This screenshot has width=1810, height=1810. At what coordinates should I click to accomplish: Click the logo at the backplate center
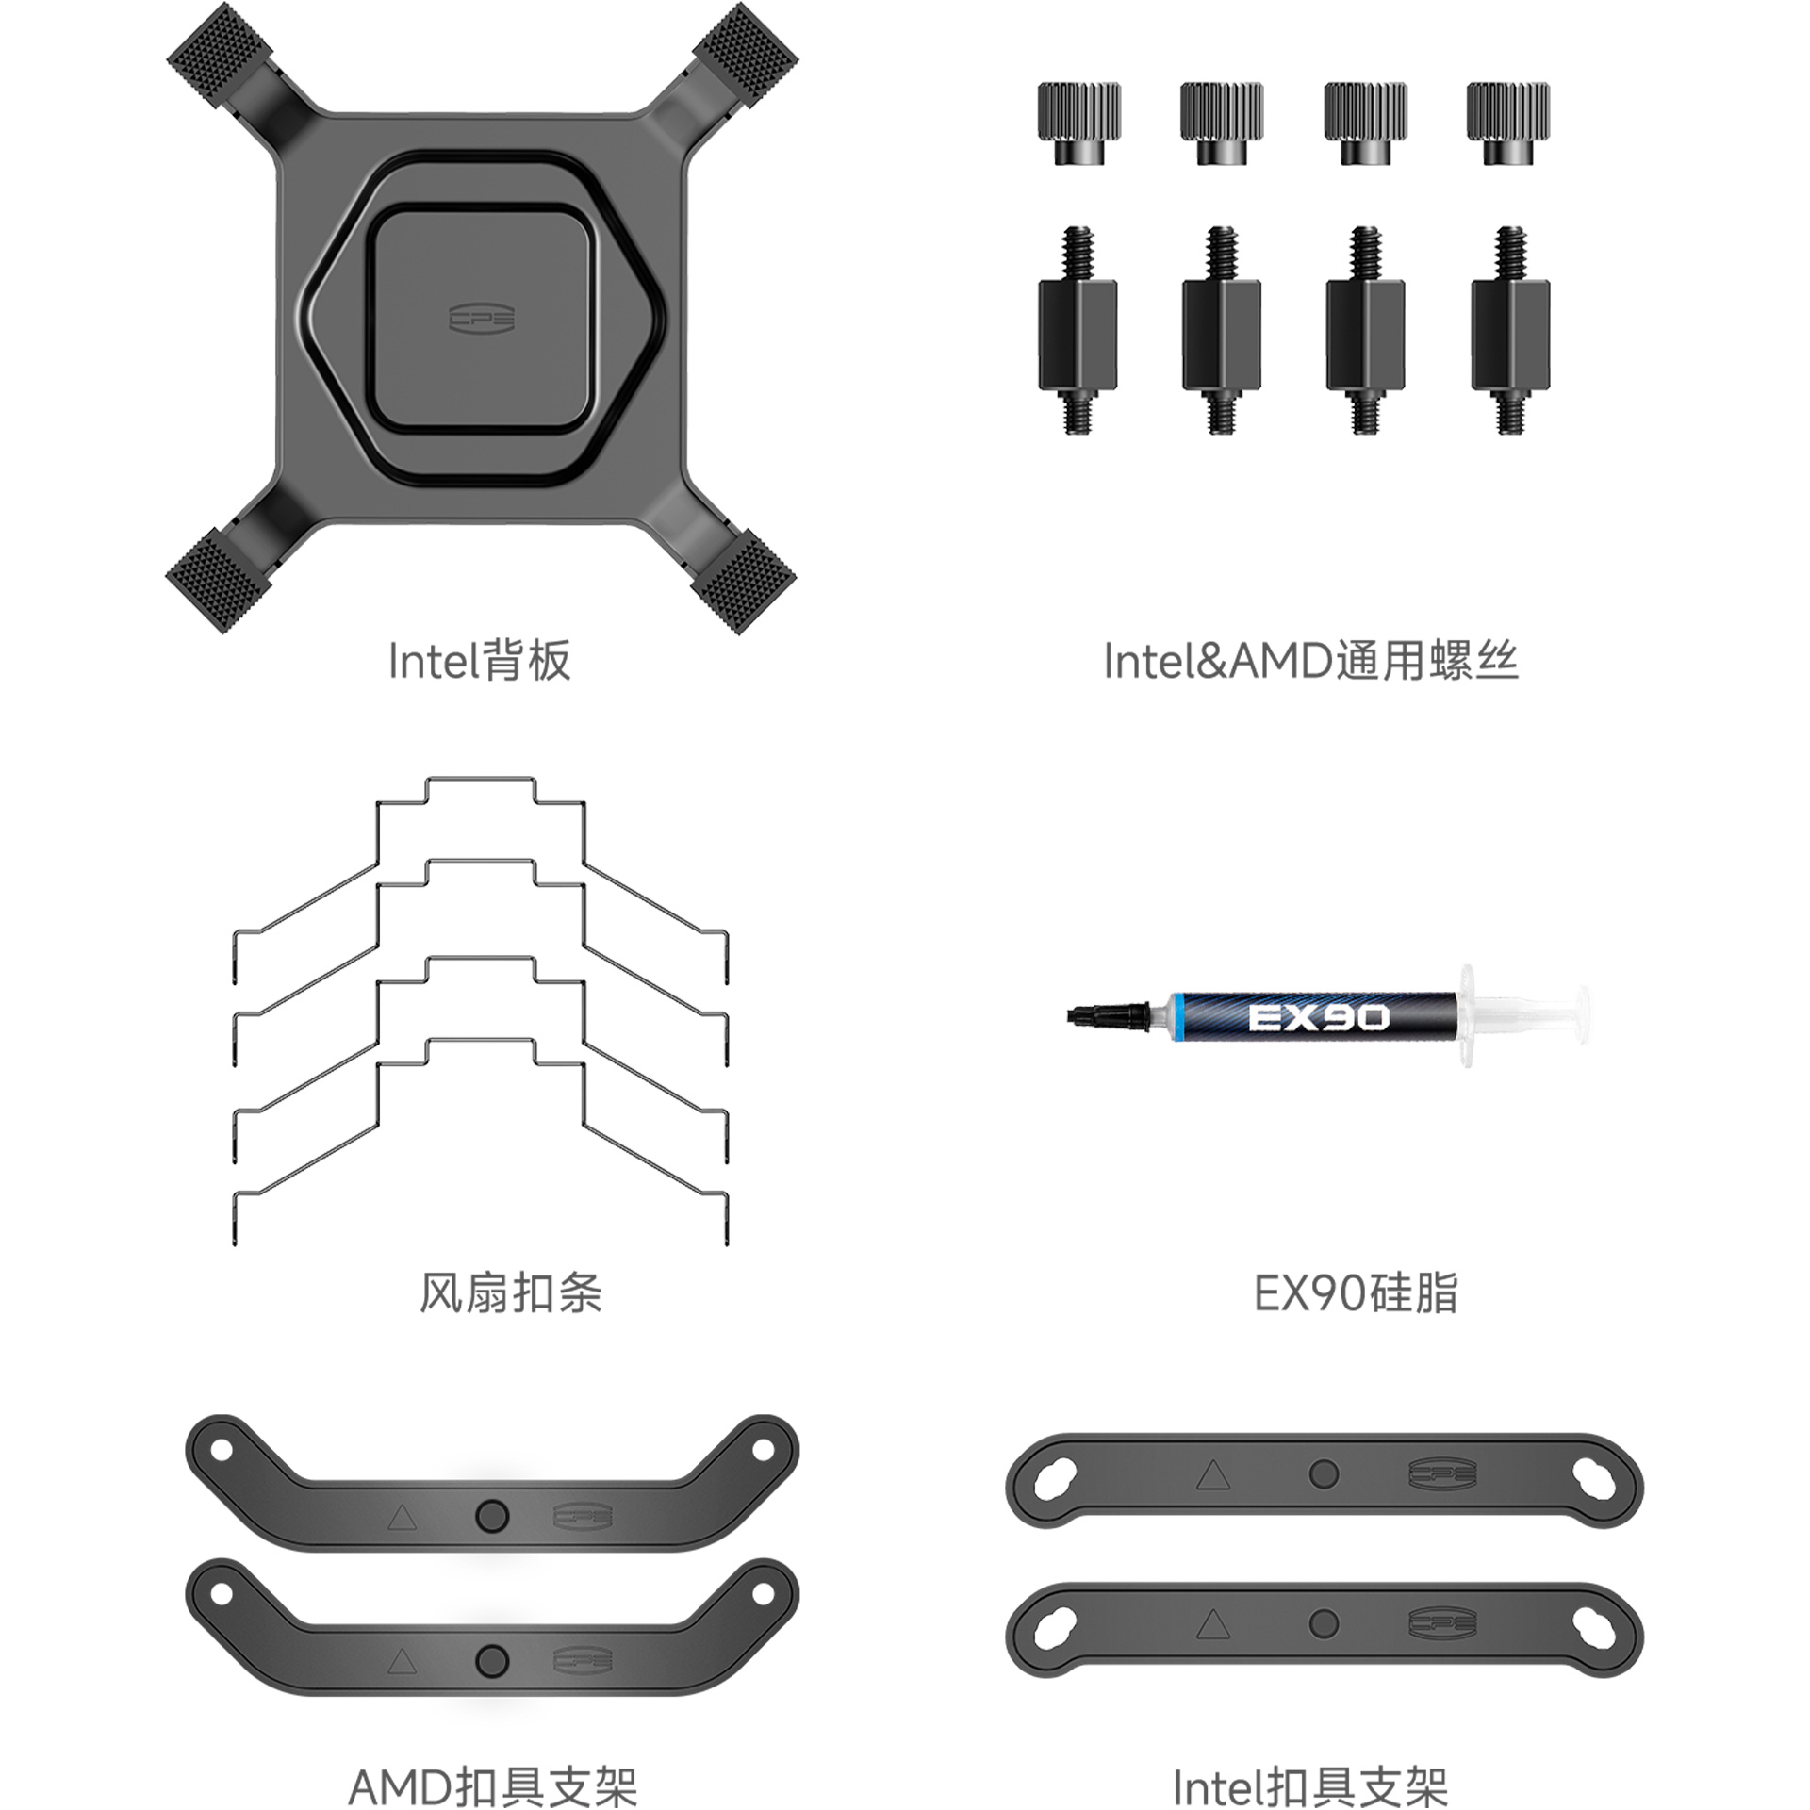[481, 319]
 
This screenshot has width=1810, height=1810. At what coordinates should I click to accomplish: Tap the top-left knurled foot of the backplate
[220, 51]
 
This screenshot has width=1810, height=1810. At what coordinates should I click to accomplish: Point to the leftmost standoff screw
[1078, 330]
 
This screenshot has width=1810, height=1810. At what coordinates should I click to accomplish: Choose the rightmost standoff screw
[1510, 330]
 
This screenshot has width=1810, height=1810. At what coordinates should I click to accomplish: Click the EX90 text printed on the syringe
[1318, 1017]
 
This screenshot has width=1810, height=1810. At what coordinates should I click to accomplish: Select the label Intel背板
[480, 661]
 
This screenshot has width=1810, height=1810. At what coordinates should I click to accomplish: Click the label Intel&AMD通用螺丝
[1310, 661]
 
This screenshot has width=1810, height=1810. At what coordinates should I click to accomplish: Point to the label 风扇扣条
[510, 1292]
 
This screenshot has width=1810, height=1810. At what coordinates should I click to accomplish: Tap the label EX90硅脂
[1356, 1292]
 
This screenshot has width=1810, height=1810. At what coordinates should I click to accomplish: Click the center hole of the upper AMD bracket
[491, 1516]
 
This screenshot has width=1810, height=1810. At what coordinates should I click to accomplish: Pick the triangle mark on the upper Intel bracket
[1213, 1474]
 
